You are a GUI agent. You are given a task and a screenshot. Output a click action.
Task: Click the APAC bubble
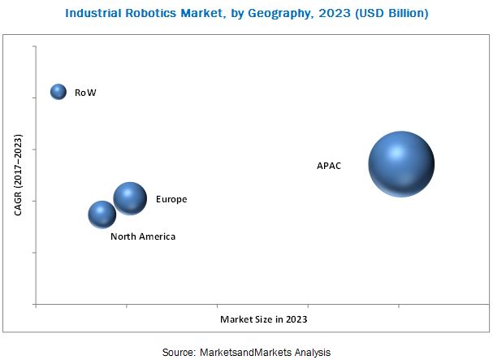coord(401,164)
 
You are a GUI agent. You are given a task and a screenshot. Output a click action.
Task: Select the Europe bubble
coord(130,197)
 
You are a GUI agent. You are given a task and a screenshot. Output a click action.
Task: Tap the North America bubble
coord(102,215)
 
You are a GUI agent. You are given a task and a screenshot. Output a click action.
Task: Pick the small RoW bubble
coord(58,92)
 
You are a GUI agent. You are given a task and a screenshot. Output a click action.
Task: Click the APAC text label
coord(329,166)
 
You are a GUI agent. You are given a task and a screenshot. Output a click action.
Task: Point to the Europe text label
coord(171,199)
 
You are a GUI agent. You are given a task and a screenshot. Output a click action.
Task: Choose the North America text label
coord(143,236)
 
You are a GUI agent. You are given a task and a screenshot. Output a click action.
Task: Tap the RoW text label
coord(85,93)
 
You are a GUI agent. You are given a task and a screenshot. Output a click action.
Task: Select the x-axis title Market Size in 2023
coord(264,319)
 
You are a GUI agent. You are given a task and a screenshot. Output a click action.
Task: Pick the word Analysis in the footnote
coord(311,352)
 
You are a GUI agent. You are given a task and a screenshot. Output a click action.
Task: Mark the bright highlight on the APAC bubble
coord(396,152)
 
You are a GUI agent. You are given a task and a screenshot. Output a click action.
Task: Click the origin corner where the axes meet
coord(36,304)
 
